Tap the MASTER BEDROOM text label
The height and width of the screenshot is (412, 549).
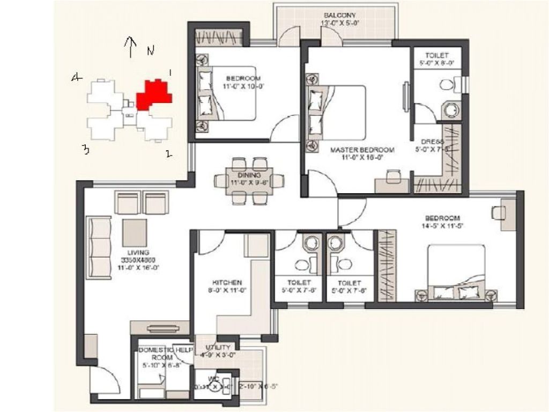pyautogui.click(x=362, y=150)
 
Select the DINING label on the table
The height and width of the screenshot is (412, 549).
pyautogui.click(x=249, y=175)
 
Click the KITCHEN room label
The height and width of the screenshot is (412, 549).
pyautogui.click(x=227, y=282)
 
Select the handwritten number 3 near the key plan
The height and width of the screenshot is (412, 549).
pyautogui.click(x=85, y=150)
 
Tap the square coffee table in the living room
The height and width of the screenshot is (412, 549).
pyautogui.click(x=135, y=232)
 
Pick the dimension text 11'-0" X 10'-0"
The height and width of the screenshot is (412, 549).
pyautogui.click(x=243, y=85)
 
